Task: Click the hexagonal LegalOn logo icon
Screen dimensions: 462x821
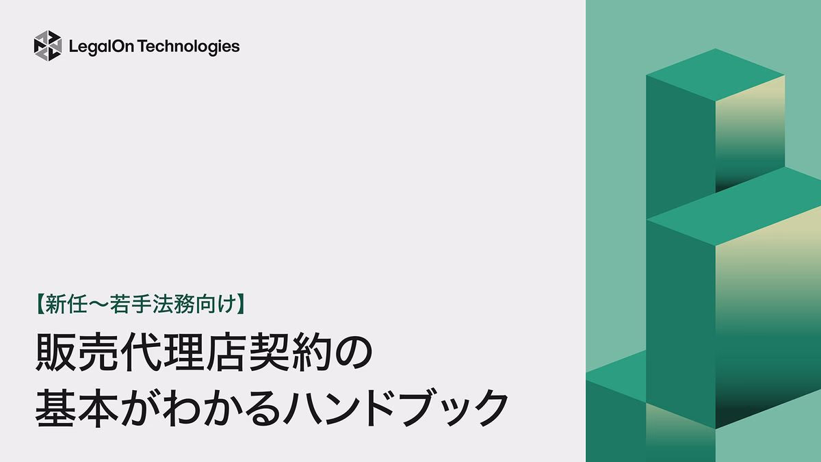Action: point(48,46)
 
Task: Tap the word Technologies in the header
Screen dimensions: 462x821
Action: point(187,47)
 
